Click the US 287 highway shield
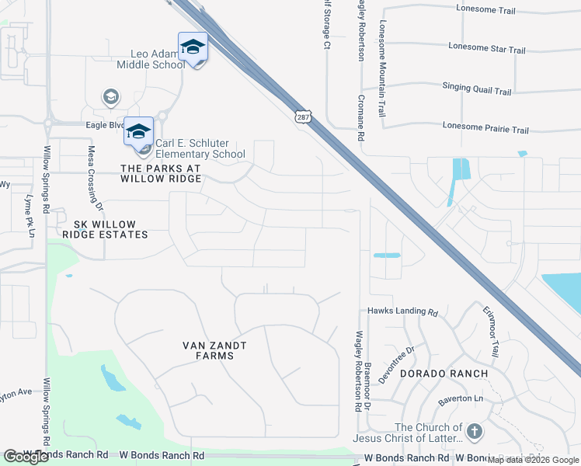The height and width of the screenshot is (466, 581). (302, 116)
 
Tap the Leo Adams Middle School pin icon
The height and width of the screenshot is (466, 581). (193, 47)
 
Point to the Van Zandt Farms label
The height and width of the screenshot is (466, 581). (208, 350)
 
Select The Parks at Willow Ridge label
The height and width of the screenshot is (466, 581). (161, 173)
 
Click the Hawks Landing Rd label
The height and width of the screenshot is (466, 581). (403, 312)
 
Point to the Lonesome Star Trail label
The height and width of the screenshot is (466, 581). (487, 49)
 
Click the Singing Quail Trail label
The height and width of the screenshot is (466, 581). (477, 89)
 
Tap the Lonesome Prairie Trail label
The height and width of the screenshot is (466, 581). (485, 129)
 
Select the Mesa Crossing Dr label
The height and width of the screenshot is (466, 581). (95, 178)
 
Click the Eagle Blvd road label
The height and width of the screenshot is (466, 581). (105, 124)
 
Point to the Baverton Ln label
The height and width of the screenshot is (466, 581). (461, 399)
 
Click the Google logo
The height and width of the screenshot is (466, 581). (26, 457)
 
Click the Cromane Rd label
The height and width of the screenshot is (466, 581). (361, 116)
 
